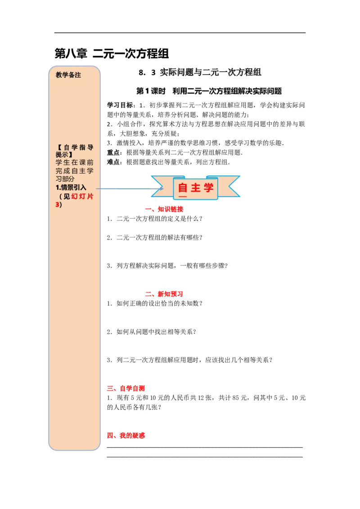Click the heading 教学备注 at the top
pos(68,75)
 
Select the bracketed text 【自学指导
pos(75,147)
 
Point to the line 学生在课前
pos(75,163)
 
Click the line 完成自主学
pos(75,171)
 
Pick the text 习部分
pos(65,179)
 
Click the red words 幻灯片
pos(82,196)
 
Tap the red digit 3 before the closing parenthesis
pos(57,205)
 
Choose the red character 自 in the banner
pos(183,188)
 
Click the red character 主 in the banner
pos(196,188)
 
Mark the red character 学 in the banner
pos(209,188)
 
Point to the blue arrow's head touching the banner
pos(160,189)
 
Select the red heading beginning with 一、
pos(164,209)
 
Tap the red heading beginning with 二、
pos(164,295)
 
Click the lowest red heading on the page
pos(126,435)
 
